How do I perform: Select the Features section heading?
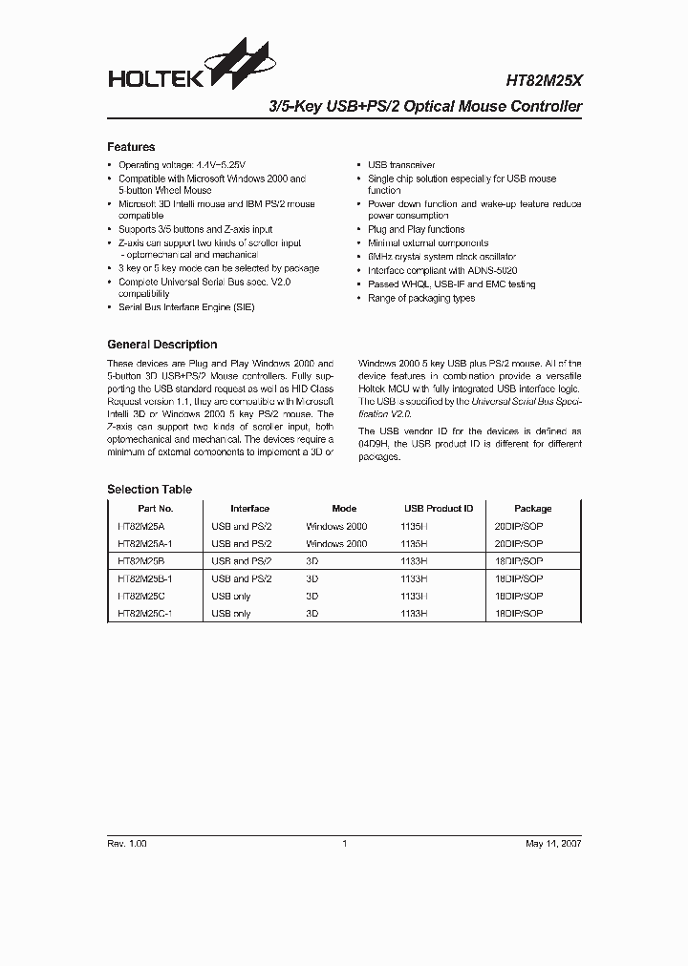tap(131, 147)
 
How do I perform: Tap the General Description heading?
tap(161, 345)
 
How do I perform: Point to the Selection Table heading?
tap(149, 490)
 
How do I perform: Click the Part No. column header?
tap(155, 509)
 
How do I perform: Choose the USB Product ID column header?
tap(439, 509)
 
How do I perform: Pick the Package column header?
tap(532, 509)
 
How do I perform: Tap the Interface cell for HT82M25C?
tap(230, 597)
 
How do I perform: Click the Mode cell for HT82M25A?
tap(336, 526)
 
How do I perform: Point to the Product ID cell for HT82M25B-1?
tap(415, 578)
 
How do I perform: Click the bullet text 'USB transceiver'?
tap(401, 165)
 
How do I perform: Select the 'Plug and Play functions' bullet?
tap(416, 230)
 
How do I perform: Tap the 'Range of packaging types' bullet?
tap(421, 299)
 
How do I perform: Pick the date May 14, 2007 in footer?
tap(553, 844)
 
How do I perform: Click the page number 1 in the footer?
tap(344, 844)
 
